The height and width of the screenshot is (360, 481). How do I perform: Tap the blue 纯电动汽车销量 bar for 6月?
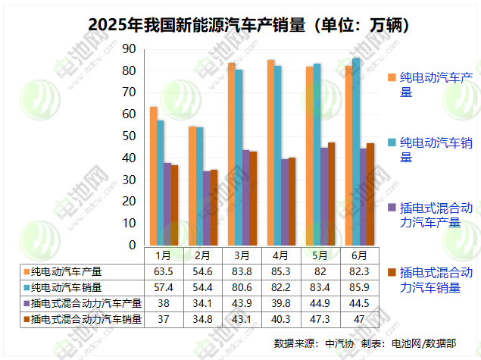tap(357, 152)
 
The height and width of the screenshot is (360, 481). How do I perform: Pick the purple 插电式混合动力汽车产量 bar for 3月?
tap(245, 198)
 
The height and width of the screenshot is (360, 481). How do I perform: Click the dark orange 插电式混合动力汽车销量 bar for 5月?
tap(331, 194)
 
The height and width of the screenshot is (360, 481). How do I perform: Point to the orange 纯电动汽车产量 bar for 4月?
tap(270, 152)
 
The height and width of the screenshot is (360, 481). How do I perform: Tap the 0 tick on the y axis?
tap(132, 246)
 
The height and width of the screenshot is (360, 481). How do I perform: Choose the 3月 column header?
tap(242, 255)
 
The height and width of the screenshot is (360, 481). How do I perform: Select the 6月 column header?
tap(360, 255)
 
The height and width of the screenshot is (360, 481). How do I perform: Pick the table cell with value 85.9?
tap(360, 288)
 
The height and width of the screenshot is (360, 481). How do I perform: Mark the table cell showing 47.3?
tap(320, 320)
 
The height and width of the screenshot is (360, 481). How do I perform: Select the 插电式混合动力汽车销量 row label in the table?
tap(86, 320)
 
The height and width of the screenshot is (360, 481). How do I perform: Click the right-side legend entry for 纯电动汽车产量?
tap(436, 84)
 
